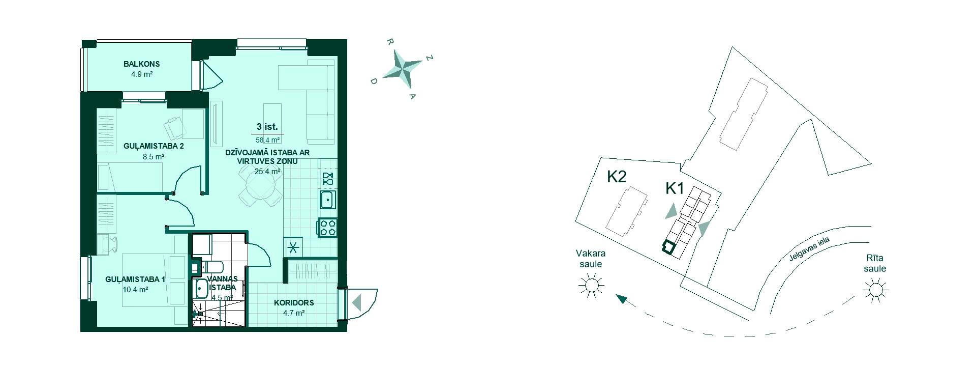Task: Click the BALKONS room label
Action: (x=141, y=64)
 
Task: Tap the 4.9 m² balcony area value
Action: (x=142, y=74)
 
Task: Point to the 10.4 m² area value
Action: (x=135, y=290)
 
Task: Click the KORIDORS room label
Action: (x=294, y=302)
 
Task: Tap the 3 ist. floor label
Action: (x=267, y=127)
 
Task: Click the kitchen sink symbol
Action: (x=327, y=200)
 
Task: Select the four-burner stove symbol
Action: (x=327, y=227)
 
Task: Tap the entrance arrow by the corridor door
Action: (x=357, y=303)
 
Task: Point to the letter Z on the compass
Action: (x=430, y=59)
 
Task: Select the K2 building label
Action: (x=617, y=177)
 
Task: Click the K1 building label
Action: (x=675, y=189)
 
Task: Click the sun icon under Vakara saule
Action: (x=591, y=286)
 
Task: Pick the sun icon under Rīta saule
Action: (x=875, y=290)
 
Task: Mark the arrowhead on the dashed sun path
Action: (x=621, y=298)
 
